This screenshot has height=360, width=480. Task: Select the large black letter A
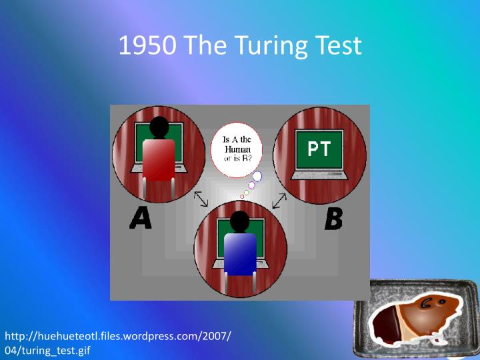click(141, 218)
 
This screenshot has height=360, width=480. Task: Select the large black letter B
click(333, 219)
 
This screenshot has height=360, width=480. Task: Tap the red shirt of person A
click(159, 160)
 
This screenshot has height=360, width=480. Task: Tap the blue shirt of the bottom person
click(240, 253)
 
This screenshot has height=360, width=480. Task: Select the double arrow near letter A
click(201, 199)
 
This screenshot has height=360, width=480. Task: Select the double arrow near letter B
click(279, 199)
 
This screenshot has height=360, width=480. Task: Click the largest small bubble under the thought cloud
click(257, 176)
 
